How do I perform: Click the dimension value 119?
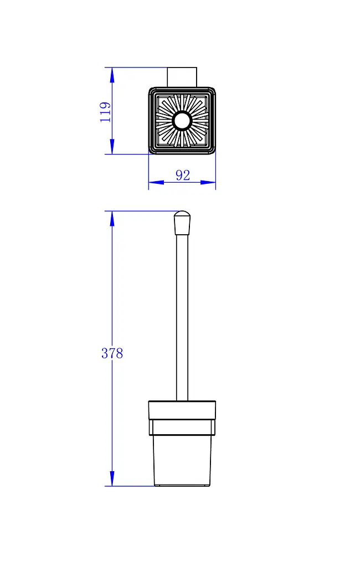[105, 112]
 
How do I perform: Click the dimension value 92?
[183, 176]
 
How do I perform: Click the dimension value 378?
[112, 353]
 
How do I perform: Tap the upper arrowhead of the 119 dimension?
[112, 75]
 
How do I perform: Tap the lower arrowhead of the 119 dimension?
[112, 146]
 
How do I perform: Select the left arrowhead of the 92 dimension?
[156, 183]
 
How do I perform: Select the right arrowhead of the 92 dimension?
[208, 183]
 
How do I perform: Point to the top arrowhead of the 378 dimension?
[112, 219]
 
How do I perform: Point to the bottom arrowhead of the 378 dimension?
[112, 478]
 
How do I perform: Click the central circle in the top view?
[182, 121]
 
